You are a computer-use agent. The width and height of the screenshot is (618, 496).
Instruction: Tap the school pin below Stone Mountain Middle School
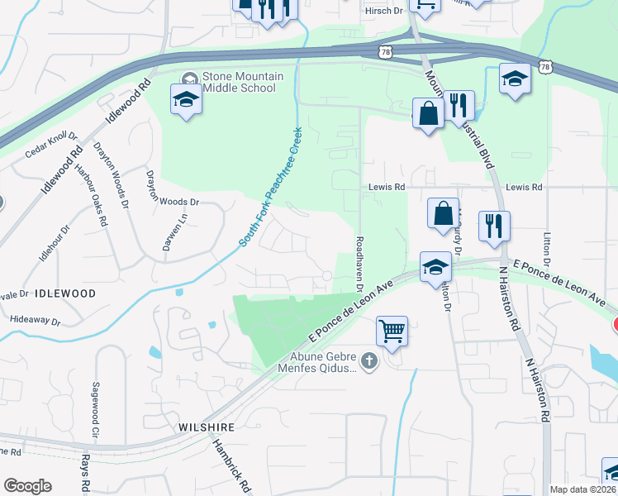186,101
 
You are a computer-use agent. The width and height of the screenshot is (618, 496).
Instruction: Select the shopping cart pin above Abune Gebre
392,332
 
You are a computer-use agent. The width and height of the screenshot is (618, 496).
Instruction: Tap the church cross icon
368,360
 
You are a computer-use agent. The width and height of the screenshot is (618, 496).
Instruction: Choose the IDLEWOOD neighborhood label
65,293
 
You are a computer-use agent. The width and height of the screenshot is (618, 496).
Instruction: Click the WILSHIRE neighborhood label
207,427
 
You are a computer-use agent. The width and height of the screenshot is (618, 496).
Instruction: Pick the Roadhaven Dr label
359,265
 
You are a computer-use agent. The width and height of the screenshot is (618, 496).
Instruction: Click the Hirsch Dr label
383,11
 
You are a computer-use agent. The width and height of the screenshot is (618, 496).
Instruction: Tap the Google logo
27,486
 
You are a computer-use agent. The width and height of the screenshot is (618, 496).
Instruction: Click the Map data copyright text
582,489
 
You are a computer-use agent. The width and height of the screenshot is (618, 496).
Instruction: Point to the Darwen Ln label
185,233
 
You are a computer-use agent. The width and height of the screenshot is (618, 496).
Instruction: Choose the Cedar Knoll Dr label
50,145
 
